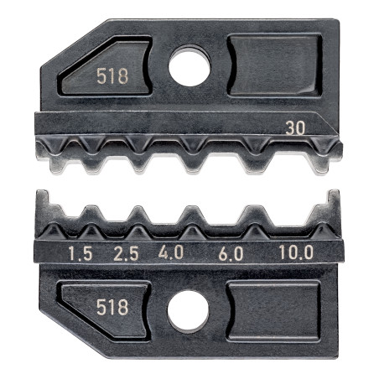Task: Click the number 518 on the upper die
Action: pyautogui.click(x=112, y=76)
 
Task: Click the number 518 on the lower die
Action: pyautogui.click(x=112, y=307)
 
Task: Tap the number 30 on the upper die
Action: pyautogui.click(x=295, y=128)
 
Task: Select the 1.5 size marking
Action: pyautogui.click(x=80, y=254)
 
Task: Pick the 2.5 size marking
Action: pyautogui.click(x=126, y=254)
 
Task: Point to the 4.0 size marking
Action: pyautogui.click(x=171, y=252)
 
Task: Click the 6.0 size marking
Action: pyautogui.click(x=231, y=254)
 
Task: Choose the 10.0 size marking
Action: pyautogui.click(x=296, y=253)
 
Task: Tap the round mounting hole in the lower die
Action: pyautogui.click(x=188, y=311)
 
